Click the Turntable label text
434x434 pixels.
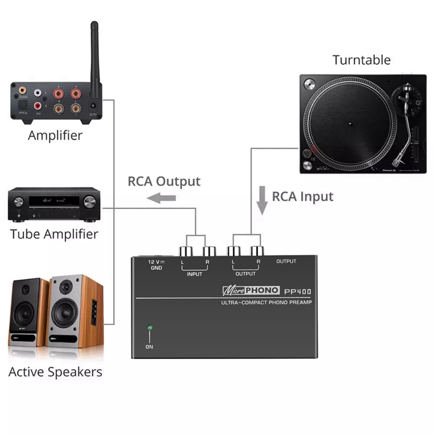(x=361, y=60)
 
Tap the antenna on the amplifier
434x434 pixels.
(x=94, y=54)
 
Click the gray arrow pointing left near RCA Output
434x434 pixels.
(x=163, y=199)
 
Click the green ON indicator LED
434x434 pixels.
(x=150, y=328)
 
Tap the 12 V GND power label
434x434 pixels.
(x=156, y=265)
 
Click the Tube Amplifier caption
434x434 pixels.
(x=54, y=234)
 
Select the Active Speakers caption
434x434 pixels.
(x=55, y=372)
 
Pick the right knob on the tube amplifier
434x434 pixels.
(x=90, y=202)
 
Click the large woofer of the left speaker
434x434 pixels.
(x=24, y=313)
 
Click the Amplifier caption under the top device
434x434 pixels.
(x=55, y=135)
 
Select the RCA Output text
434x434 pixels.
(x=164, y=181)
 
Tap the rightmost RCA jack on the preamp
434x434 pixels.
(x=258, y=252)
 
